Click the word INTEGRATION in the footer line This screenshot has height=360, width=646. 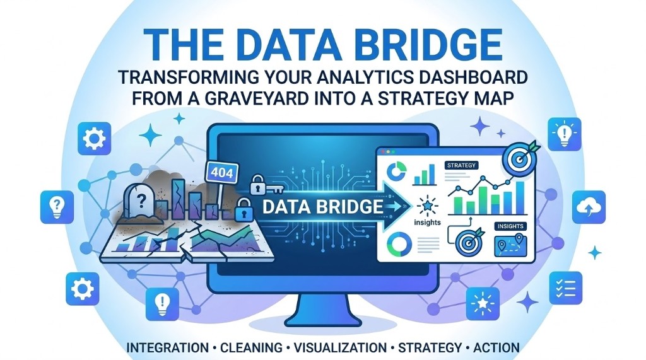click(x=167, y=347)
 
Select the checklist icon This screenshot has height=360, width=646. click(x=565, y=288)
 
